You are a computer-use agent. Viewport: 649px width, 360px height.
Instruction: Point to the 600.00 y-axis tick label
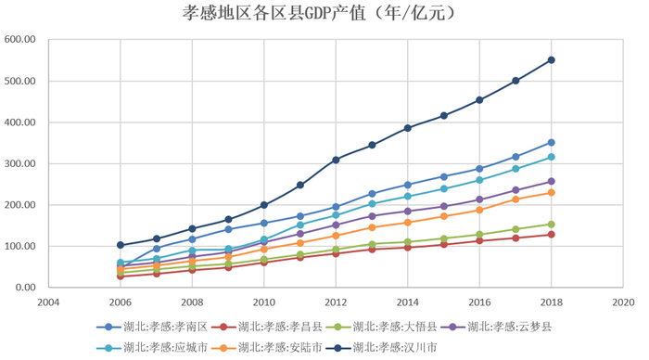19,40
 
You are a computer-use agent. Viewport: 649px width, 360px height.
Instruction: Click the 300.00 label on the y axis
19,164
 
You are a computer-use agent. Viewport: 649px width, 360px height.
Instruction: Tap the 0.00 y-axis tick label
24,288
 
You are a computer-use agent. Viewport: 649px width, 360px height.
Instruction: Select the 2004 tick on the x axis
48,302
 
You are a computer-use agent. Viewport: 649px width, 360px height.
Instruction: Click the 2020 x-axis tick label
623,302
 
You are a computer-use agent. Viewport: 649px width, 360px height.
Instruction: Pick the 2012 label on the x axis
336,302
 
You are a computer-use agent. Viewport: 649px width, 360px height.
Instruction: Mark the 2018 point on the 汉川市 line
551,60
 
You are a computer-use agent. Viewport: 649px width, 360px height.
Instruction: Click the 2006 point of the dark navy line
121,245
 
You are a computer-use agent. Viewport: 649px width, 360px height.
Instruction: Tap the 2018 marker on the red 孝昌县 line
551,234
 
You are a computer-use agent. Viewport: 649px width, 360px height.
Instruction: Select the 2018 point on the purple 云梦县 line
551,182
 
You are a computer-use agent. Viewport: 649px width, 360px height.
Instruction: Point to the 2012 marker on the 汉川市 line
336,160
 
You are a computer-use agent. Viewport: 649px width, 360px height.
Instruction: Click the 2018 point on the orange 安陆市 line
551,193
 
